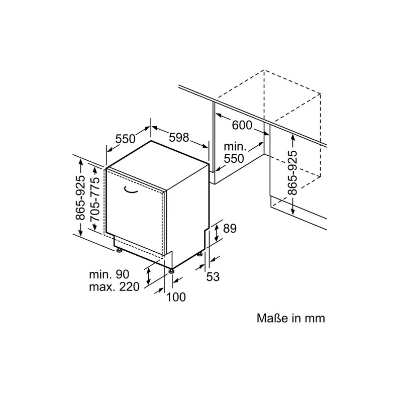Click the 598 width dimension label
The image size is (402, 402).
[179, 138]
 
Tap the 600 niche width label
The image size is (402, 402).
[242, 125]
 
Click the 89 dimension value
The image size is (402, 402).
[230, 229]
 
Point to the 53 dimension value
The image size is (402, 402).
[213, 277]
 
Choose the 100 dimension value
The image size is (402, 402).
[176, 297]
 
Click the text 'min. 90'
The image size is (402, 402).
[109, 274]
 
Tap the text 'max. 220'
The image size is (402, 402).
[114, 286]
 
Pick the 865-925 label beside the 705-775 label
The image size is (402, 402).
[80, 197]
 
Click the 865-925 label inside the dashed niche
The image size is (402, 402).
[293, 172]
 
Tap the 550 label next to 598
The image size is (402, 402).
[125, 139]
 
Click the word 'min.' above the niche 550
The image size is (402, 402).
[235, 147]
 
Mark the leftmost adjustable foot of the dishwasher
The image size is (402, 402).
[119, 250]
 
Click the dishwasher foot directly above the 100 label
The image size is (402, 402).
[171, 271]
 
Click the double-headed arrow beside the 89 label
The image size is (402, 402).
[217, 232]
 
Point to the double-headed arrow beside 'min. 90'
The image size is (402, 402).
[148, 276]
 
